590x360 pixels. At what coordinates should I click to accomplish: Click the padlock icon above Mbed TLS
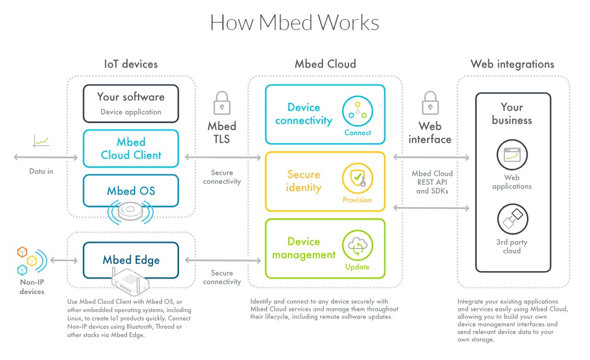[222, 103]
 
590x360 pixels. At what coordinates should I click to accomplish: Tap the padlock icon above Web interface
[430, 103]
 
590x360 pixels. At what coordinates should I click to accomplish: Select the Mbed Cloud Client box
[131, 149]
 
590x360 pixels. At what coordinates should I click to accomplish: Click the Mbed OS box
[131, 191]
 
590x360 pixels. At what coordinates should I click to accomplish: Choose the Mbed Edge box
[131, 260]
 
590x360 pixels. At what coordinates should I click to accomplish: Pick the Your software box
[131, 103]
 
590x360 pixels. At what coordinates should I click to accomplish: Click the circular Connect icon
[358, 112]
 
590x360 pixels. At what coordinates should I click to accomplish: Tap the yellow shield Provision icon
[358, 179]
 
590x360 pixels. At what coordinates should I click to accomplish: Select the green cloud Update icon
[358, 246]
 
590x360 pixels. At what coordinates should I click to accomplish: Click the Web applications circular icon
[512, 155]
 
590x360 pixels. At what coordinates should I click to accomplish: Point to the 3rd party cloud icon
[513, 219]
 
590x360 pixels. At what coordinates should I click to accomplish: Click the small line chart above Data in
[41, 141]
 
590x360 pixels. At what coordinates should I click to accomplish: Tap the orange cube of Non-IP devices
[22, 252]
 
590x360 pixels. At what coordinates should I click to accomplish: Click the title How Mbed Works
[294, 22]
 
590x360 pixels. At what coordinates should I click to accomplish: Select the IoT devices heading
[131, 64]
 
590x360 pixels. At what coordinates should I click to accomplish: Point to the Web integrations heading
[512, 64]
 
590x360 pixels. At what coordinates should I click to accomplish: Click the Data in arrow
[46, 157]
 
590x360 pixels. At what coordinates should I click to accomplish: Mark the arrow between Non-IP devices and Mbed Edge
[64, 260]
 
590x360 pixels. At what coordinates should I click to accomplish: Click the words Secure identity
[303, 181]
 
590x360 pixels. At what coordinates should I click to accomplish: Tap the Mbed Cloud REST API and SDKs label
[432, 182]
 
